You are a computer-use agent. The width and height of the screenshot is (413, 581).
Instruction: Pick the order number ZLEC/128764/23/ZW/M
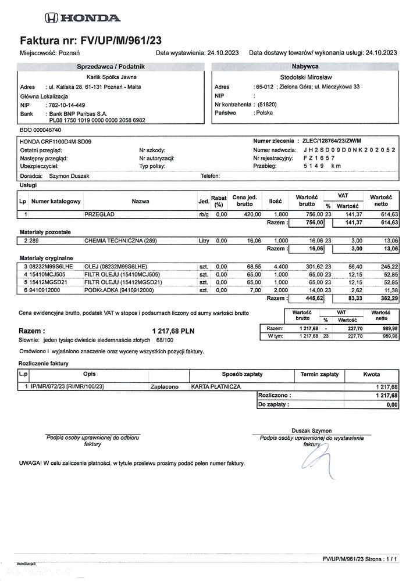(332, 141)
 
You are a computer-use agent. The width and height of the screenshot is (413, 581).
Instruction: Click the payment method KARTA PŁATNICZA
(215, 386)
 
